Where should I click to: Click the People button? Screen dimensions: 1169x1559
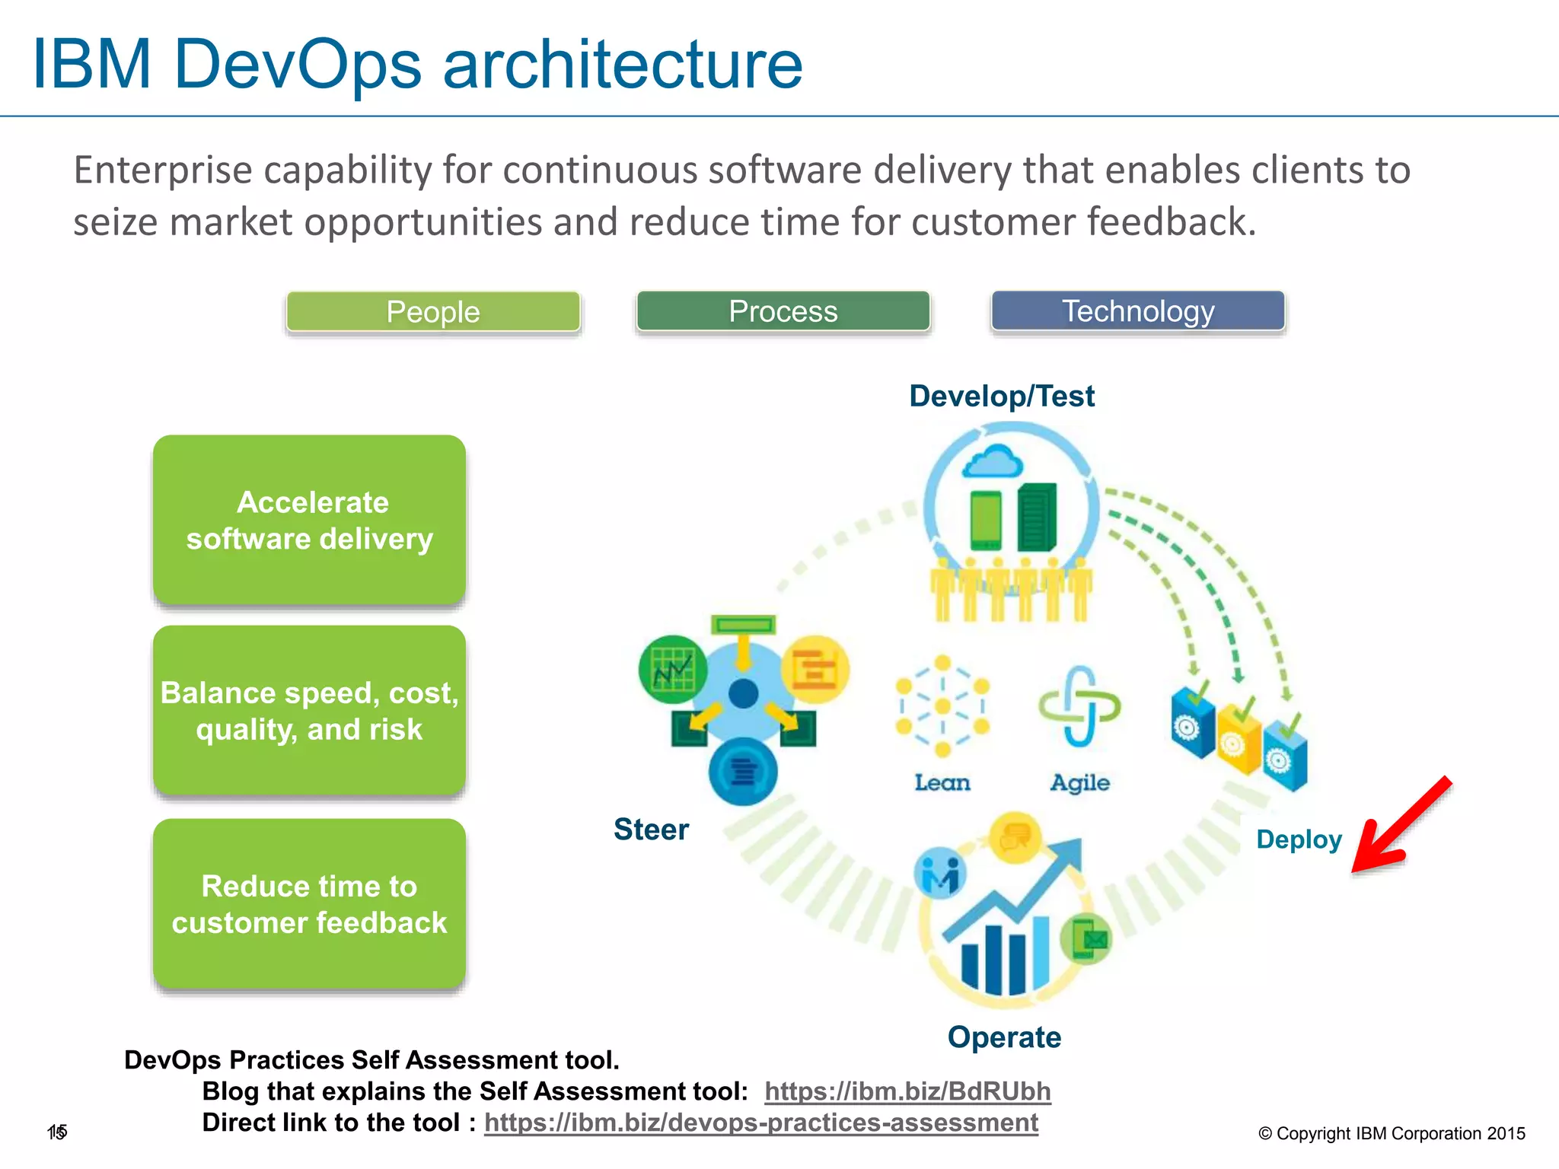[433, 312]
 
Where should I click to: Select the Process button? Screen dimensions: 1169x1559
[783, 311]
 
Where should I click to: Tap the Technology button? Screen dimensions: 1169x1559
[1138, 311]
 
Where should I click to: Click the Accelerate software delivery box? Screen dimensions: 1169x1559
[309, 521]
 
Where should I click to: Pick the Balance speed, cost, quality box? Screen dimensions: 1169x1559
[309, 711]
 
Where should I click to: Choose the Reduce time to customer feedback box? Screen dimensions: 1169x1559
[309, 904]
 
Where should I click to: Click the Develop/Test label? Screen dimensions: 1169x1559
[1002, 397]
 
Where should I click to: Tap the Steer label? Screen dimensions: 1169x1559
[651, 830]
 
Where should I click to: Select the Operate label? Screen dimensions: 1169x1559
[1004, 1037]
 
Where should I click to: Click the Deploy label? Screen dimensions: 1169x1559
[1299, 839]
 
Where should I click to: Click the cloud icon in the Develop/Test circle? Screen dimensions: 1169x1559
[992, 462]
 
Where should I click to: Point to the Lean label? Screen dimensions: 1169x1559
[942, 782]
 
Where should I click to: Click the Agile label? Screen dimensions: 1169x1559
[1079, 782]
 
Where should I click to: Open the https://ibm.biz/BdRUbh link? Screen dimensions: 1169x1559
[907, 1091]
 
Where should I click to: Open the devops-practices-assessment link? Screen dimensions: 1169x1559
[761, 1123]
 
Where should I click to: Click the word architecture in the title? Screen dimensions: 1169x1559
[623, 64]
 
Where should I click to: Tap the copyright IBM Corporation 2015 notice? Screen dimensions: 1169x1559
[1392, 1133]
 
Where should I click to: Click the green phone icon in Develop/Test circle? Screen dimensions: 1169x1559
[986, 521]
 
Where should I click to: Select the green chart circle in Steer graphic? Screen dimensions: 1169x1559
[673, 670]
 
